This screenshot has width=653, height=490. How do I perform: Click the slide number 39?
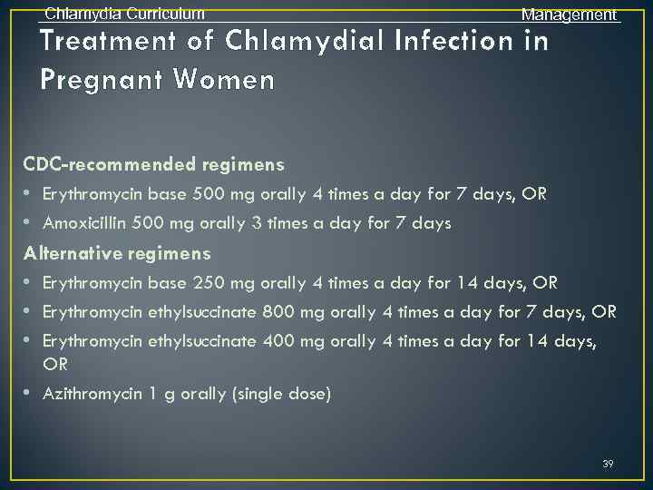608,464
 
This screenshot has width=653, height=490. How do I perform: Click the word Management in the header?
569,15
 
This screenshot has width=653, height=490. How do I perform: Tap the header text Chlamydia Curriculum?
124,14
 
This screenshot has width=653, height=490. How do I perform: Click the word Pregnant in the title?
101,80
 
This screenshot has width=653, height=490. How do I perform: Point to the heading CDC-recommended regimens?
154,164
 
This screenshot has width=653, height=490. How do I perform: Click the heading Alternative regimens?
118,253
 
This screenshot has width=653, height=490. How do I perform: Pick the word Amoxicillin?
85,223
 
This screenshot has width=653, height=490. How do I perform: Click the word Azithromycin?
88,394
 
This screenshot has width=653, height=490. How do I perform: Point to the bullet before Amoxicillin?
29,223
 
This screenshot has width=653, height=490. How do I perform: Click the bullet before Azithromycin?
29,394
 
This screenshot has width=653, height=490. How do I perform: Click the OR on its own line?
55,364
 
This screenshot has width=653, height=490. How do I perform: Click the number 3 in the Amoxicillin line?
302,223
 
